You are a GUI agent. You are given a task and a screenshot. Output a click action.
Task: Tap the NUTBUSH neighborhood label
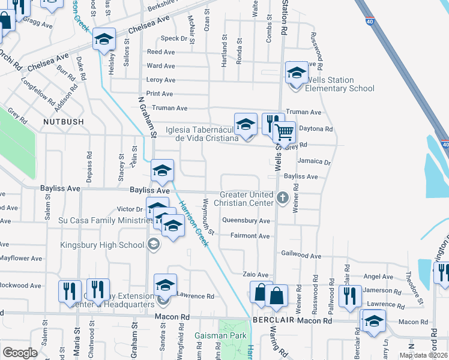(x=62, y=121)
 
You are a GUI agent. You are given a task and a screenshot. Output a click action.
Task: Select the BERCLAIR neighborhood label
(x=275, y=321)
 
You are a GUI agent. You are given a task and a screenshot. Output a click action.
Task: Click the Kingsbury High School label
(x=102, y=244)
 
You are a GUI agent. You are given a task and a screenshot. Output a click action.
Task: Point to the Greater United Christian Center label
(x=247, y=199)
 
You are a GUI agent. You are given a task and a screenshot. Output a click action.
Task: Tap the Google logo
(x=20, y=353)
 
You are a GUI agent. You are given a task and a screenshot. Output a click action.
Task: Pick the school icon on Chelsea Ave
(x=104, y=40)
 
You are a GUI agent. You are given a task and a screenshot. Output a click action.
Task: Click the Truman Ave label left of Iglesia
(x=170, y=108)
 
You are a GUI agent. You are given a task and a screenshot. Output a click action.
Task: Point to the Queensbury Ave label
(x=246, y=221)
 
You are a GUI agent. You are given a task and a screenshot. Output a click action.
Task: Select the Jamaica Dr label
(x=314, y=162)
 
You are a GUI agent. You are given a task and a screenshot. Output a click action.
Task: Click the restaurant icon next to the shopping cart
(x=273, y=124)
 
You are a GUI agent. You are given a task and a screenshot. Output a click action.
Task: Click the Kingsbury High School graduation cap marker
(x=153, y=244)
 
